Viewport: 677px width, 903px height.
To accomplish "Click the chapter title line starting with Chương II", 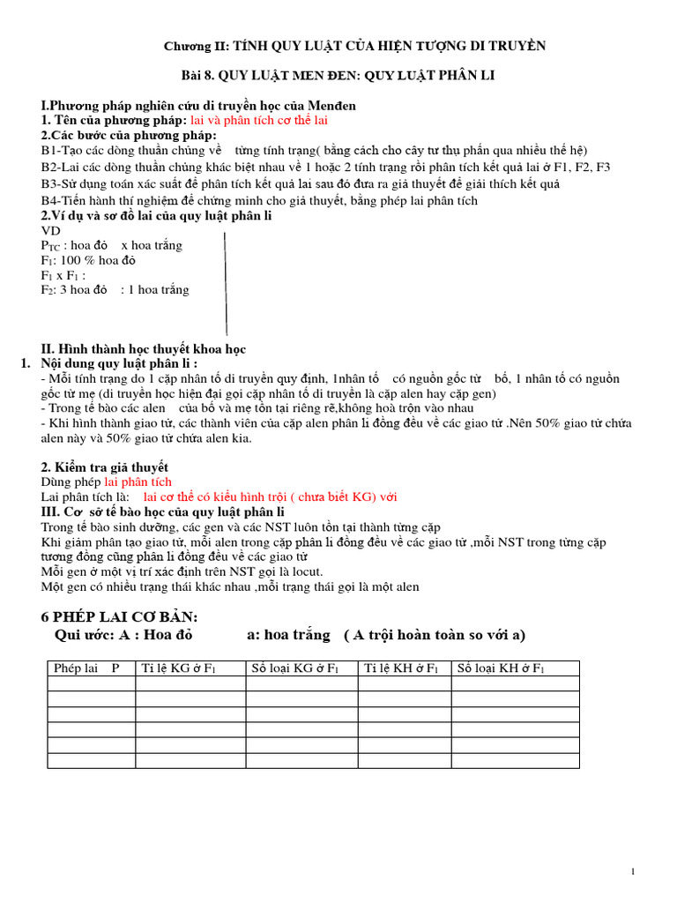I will click(356, 46).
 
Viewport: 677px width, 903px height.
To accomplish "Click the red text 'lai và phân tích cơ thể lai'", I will click(259, 120).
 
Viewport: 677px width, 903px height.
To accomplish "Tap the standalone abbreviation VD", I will click(51, 230).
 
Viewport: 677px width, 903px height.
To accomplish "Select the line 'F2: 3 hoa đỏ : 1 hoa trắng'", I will click(115, 290).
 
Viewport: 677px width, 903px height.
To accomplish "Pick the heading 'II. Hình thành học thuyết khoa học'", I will click(144, 349).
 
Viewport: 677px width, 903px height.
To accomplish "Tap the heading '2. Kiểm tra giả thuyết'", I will click(105, 466).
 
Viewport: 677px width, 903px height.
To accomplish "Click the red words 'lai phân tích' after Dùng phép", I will click(138, 481).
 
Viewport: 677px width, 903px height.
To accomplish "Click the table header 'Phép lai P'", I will click(86, 668).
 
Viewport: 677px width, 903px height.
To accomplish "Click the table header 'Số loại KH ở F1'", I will click(500, 668).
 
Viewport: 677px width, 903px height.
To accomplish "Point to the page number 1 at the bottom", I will click(633, 872).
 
